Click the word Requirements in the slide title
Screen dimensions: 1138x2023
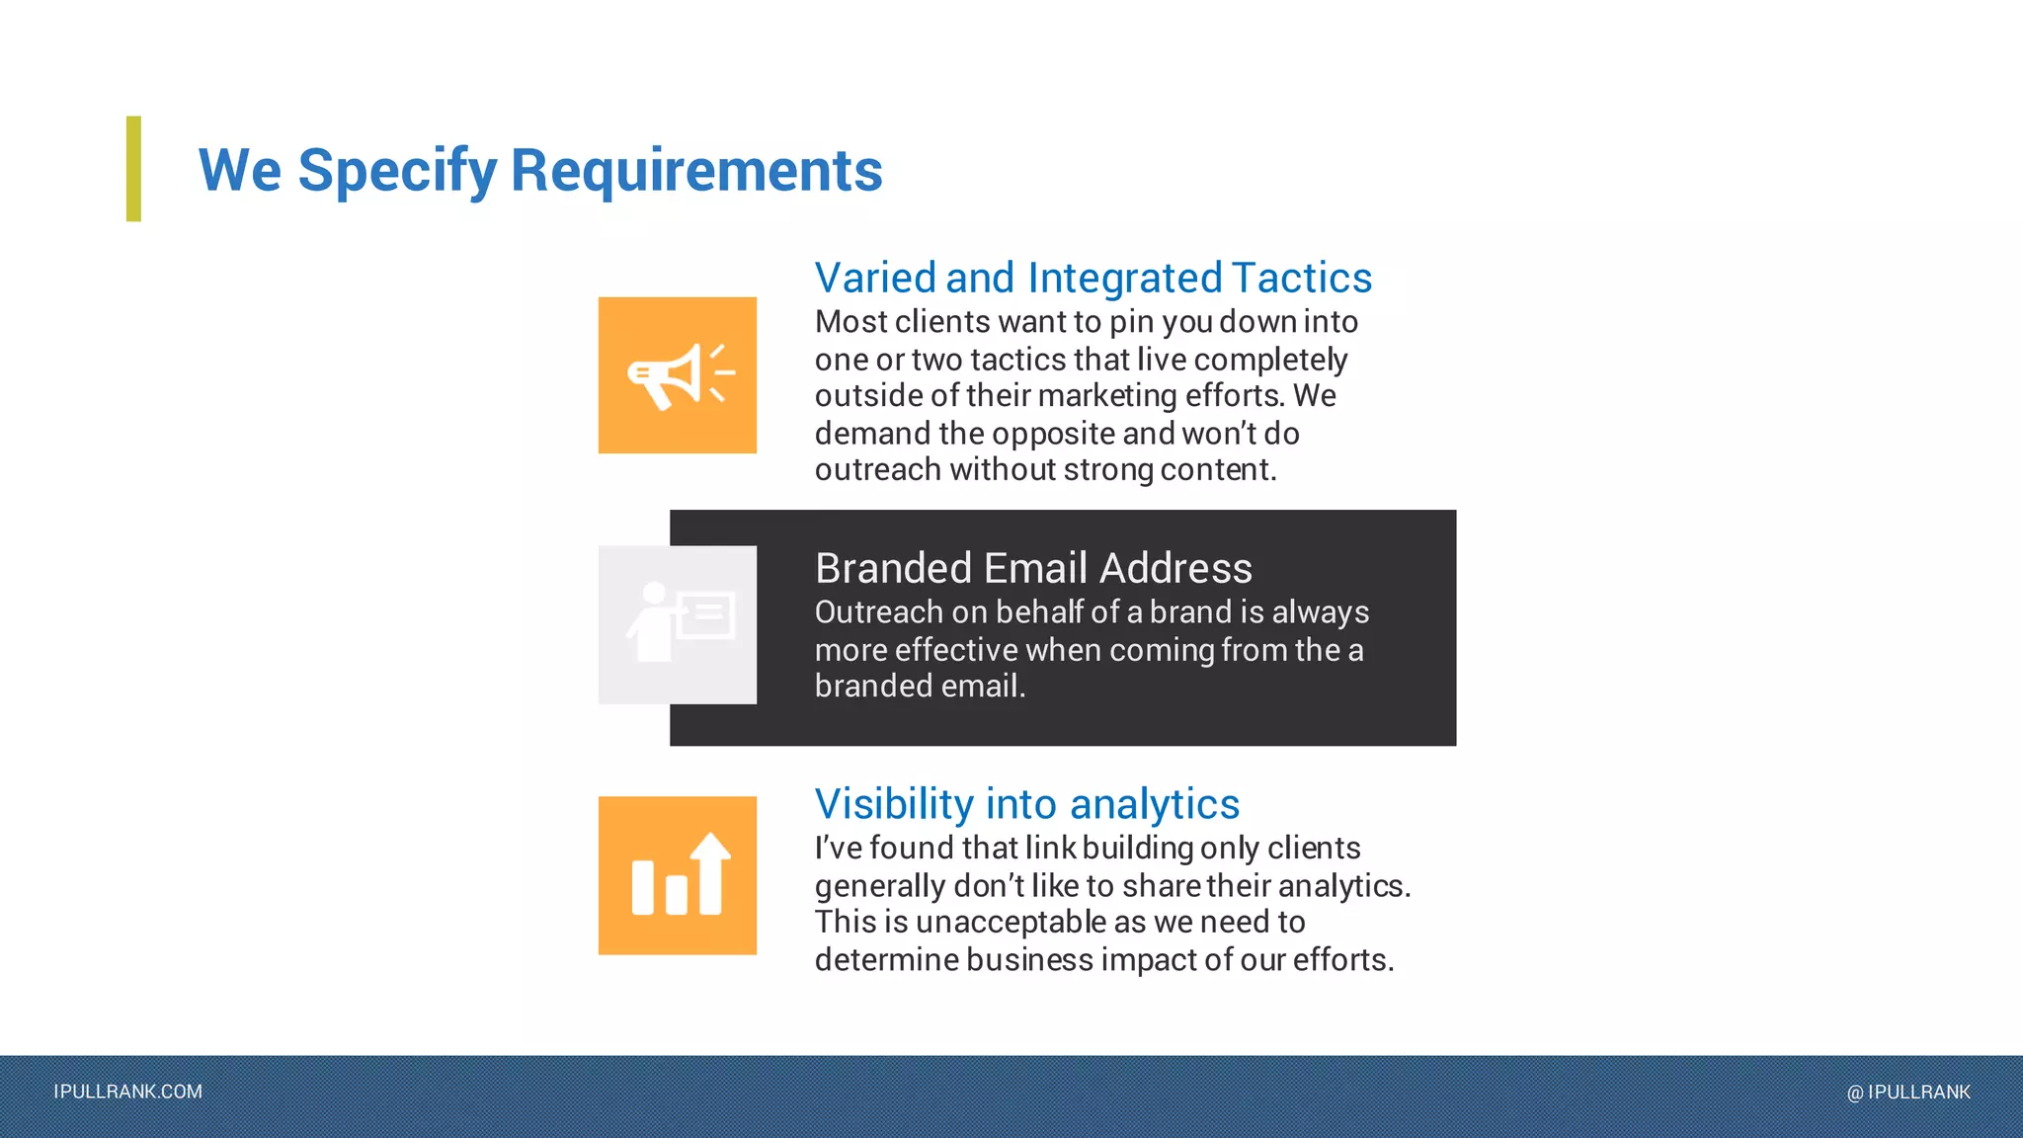[x=696, y=170]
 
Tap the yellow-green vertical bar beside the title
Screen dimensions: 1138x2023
[x=133, y=169]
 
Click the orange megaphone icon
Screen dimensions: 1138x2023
[x=677, y=375]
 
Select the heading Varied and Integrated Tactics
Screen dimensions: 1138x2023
[x=1092, y=278]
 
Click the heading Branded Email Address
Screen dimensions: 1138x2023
[x=1033, y=568]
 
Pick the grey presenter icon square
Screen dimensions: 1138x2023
[x=678, y=624]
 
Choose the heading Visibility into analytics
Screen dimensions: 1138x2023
[x=1026, y=804]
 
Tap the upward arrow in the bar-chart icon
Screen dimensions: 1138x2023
[x=710, y=869]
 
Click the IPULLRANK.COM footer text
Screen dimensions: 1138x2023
[x=128, y=1092]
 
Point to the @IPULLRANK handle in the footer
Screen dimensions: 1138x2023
[x=1908, y=1092]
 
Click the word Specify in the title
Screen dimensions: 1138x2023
[x=397, y=170]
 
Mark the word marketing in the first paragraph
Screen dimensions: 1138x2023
[x=1106, y=395]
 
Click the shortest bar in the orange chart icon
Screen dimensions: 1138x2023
[x=677, y=894]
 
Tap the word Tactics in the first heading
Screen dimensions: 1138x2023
[x=1301, y=278]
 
